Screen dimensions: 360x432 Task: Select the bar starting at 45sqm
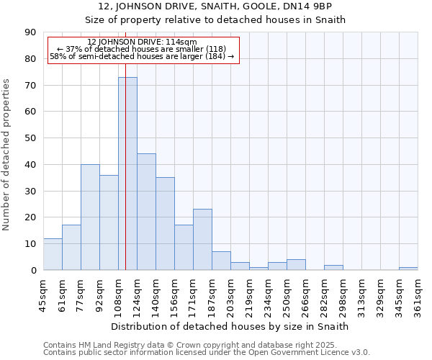[53, 254]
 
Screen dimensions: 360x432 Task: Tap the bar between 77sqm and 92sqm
[90, 217]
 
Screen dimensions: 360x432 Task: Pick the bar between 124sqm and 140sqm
[146, 212]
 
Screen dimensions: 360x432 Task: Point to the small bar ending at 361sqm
[408, 269]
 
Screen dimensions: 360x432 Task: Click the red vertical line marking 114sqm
[125, 144]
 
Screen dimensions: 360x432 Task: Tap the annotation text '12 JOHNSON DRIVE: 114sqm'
[141, 42]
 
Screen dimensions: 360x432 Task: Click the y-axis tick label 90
[31, 32]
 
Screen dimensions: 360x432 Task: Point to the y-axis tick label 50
[31, 138]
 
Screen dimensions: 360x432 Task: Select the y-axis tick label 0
[34, 271]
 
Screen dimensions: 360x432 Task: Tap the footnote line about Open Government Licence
[207, 353]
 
